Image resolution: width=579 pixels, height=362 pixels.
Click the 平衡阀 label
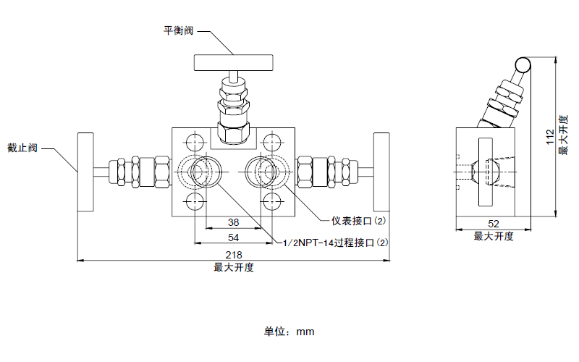pos(179,30)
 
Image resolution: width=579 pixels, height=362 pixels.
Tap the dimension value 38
pos(234,222)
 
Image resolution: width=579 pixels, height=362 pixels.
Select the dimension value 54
pos(234,237)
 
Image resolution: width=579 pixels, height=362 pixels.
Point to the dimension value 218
pos(233,255)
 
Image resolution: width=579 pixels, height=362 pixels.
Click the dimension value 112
pos(550,138)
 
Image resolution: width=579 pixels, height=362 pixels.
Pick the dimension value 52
pos(494,224)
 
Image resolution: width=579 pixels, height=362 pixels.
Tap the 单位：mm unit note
pos(289,332)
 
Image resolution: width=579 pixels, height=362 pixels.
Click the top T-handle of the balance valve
pos(232,63)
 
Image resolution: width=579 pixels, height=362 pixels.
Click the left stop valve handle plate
pos(85,172)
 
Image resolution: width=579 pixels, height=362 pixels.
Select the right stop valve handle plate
pos(381,172)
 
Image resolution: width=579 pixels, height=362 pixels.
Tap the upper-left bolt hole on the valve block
pos(195,140)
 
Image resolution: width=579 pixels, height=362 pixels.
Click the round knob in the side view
pos(523,65)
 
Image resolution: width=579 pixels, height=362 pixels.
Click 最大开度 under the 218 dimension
pos(233,267)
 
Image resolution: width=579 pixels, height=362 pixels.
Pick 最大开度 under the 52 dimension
pos(494,236)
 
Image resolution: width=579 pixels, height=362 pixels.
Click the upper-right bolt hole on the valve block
pos(271,140)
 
